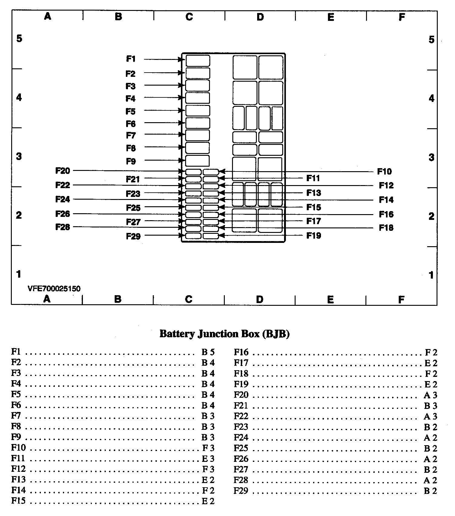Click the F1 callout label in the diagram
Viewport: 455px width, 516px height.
pos(131,59)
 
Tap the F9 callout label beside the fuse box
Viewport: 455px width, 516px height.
pos(131,162)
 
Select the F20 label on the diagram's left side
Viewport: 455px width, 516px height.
pos(63,171)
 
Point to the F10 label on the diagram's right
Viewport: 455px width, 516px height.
pos(384,172)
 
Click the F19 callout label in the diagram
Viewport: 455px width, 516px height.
pos(313,236)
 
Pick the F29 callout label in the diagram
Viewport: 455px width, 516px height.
pos(133,236)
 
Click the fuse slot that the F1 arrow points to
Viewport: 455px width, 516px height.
pos(198,60)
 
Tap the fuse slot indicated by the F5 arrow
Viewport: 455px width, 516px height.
pos(198,111)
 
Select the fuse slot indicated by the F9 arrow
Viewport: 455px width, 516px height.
pos(197,161)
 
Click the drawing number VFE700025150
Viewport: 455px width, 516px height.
pos(54,289)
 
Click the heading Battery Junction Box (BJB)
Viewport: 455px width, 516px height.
pos(224,334)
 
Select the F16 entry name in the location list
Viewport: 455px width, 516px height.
pos(241,352)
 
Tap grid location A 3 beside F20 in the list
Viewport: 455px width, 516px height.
pos(430,395)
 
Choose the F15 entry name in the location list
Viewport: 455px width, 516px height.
pos(18,501)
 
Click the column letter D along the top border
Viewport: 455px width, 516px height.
pos(260,17)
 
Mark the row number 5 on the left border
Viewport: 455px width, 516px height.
pos(19,39)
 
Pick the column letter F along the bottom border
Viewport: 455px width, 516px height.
pos(401,300)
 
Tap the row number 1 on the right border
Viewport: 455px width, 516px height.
pos(431,275)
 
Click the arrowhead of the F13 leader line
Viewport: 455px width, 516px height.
pos(221,193)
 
